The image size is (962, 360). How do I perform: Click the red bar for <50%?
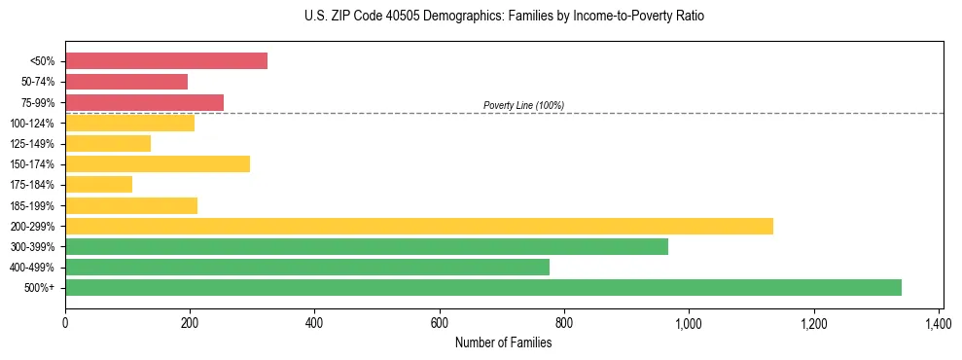[166, 61]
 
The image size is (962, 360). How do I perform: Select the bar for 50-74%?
[126, 82]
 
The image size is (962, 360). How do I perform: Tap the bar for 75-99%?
[144, 102]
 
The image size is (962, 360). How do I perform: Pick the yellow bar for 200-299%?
[419, 226]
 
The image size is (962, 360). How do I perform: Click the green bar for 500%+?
[483, 287]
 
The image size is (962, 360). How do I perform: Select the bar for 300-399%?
[367, 246]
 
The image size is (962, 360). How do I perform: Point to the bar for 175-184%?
[98, 185]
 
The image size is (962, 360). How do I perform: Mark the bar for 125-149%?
[108, 143]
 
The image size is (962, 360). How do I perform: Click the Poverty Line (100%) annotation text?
[523, 105]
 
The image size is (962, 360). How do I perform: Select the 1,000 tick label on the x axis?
[689, 323]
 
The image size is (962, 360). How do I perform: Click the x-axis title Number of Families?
[503, 342]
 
